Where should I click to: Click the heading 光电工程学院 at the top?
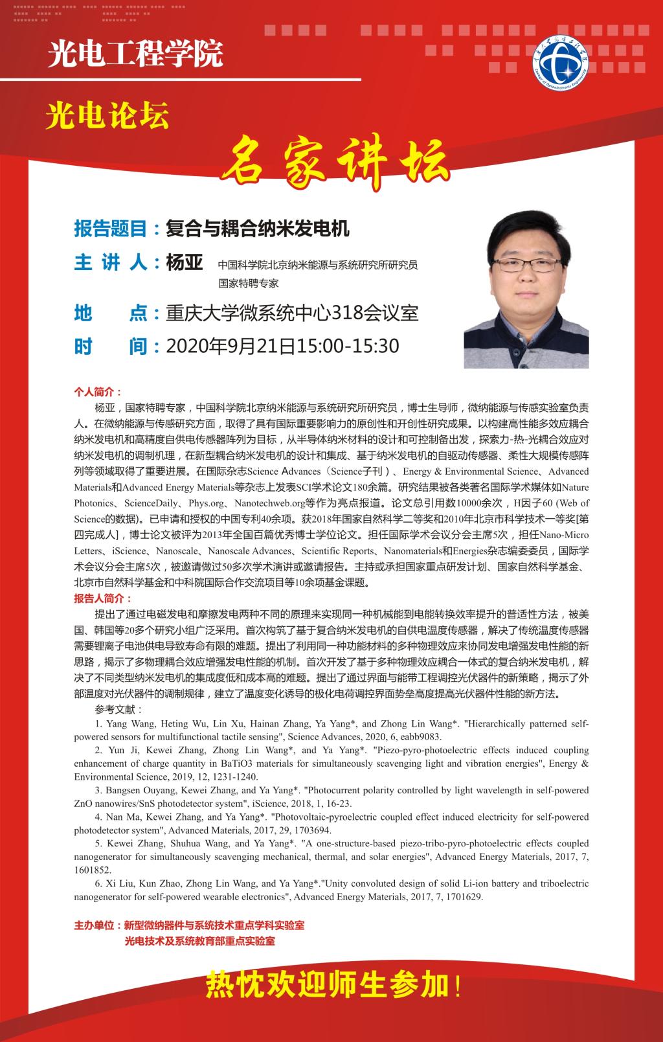pyautogui.click(x=135, y=52)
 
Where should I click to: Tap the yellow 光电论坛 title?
pyautogui.click(x=107, y=117)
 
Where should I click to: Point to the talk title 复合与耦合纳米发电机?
pyautogui.click(x=258, y=229)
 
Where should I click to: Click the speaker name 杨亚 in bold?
pyautogui.click(x=185, y=263)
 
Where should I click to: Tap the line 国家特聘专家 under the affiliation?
pyautogui.click(x=249, y=283)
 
